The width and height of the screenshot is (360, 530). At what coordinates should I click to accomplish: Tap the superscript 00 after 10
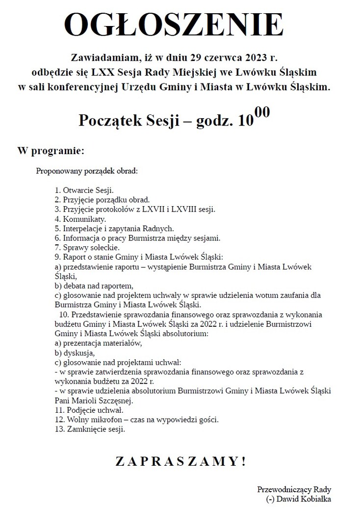click(x=262, y=113)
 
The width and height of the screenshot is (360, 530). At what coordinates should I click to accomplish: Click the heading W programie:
click(x=51, y=150)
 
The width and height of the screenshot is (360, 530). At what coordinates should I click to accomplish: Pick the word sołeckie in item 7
click(x=102, y=248)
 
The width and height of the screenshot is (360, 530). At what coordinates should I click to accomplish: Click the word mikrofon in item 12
click(x=102, y=420)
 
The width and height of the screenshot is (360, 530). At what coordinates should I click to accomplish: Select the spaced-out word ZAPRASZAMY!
click(x=180, y=461)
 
